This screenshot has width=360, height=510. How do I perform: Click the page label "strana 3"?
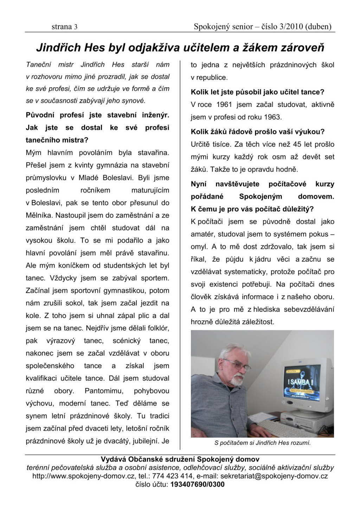click(x=64, y=27)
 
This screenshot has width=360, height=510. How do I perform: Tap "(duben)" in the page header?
click(x=318, y=27)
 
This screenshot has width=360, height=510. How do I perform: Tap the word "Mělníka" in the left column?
click(x=39, y=215)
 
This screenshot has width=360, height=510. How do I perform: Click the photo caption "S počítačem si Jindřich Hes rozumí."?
click(x=262, y=443)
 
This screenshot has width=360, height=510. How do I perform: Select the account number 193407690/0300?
click(x=197, y=485)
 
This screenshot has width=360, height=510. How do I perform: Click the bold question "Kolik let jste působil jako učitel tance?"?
click(x=257, y=92)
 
